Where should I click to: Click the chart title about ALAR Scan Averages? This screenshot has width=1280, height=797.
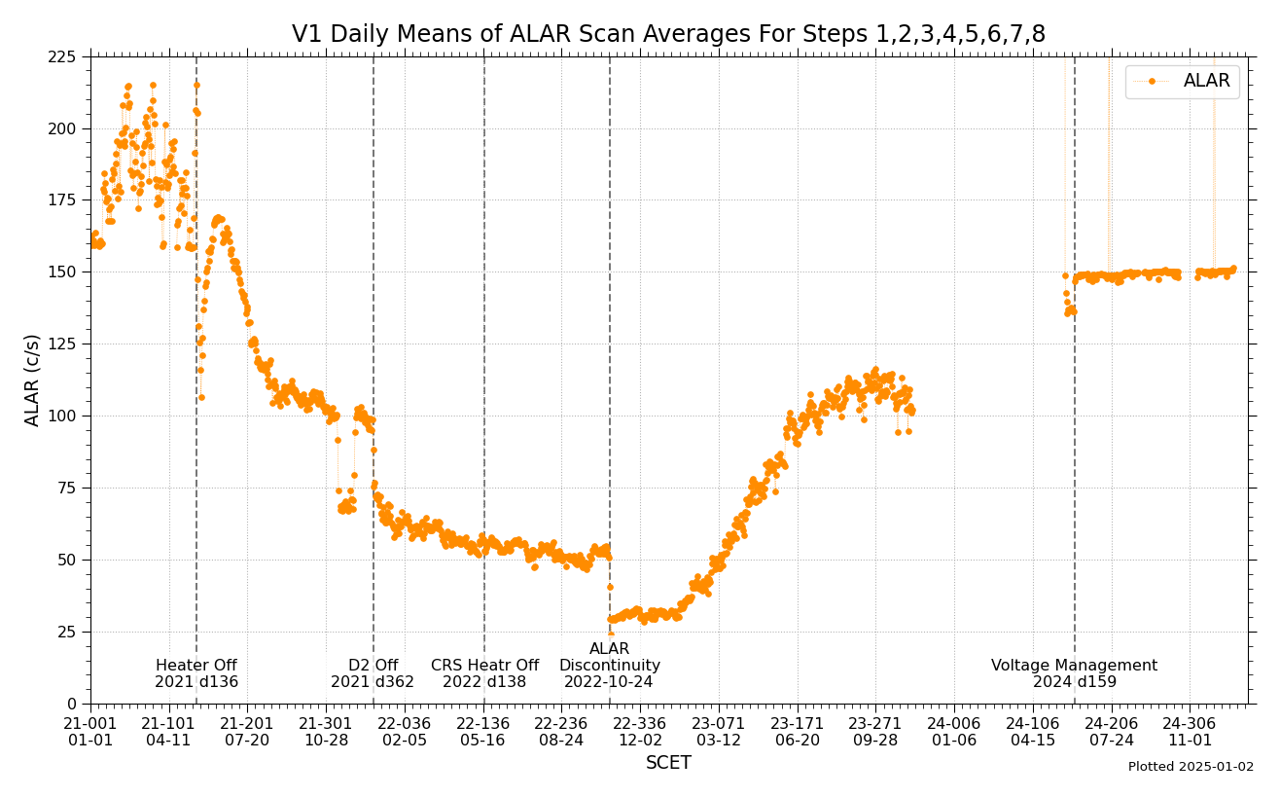[x=668, y=35]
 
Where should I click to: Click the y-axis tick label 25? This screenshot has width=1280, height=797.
[x=67, y=632]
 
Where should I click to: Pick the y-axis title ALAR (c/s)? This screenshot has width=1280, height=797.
[x=33, y=380]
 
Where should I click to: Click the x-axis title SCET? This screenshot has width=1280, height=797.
[x=668, y=763]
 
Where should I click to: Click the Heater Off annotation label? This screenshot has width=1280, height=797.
[x=196, y=666]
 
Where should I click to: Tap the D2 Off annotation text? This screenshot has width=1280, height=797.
[x=373, y=666]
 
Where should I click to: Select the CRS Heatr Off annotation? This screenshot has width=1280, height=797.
[x=484, y=666]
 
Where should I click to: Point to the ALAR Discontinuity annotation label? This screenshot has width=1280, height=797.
[x=610, y=658]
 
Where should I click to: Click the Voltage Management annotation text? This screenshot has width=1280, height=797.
[x=1074, y=666]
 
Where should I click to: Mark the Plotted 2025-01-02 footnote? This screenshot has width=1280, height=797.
[x=1191, y=767]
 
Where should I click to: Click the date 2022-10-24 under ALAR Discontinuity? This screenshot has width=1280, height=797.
[x=610, y=682]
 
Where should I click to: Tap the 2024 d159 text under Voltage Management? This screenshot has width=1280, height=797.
[x=1074, y=682]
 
